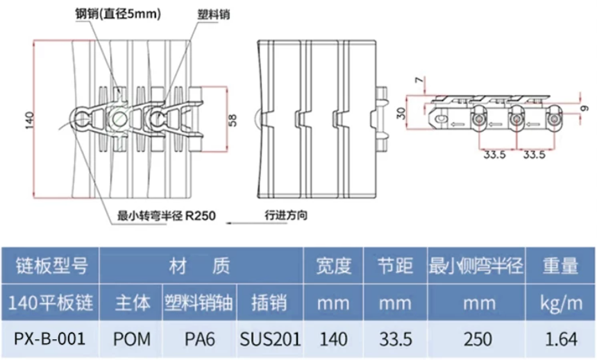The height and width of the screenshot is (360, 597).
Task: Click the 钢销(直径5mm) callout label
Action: tap(118, 15)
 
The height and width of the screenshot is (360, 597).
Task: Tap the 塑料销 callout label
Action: tap(214, 15)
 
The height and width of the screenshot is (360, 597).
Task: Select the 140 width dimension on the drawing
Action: tap(29, 120)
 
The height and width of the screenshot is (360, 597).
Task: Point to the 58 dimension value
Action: tap(233, 120)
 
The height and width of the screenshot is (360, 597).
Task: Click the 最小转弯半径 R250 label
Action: tap(166, 216)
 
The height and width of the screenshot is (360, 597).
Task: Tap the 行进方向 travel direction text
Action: tap(286, 215)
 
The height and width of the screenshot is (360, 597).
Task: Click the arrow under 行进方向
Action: tap(257, 223)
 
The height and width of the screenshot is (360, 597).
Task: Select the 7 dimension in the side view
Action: tap(419, 80)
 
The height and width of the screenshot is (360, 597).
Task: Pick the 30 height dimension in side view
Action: tap(401, 113)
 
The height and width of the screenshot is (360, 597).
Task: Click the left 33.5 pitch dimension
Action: tap(494, 155)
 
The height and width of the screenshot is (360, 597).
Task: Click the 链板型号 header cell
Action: tap(51, 265)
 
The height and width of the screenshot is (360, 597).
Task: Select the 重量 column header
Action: tap(560, 265)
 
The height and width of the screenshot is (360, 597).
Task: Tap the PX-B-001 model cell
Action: tap(50, 338)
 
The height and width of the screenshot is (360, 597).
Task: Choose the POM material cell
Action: tap(132, 338)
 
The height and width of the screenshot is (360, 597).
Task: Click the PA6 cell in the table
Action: tap(199, 338)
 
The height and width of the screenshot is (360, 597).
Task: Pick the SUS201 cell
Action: tap(270, 338)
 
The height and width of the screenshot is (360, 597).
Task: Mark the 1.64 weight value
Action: tap(561, 338)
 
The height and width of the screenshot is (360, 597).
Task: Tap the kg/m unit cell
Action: tap(561, 303)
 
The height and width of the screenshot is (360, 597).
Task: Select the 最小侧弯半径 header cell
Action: tap(476, 265)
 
